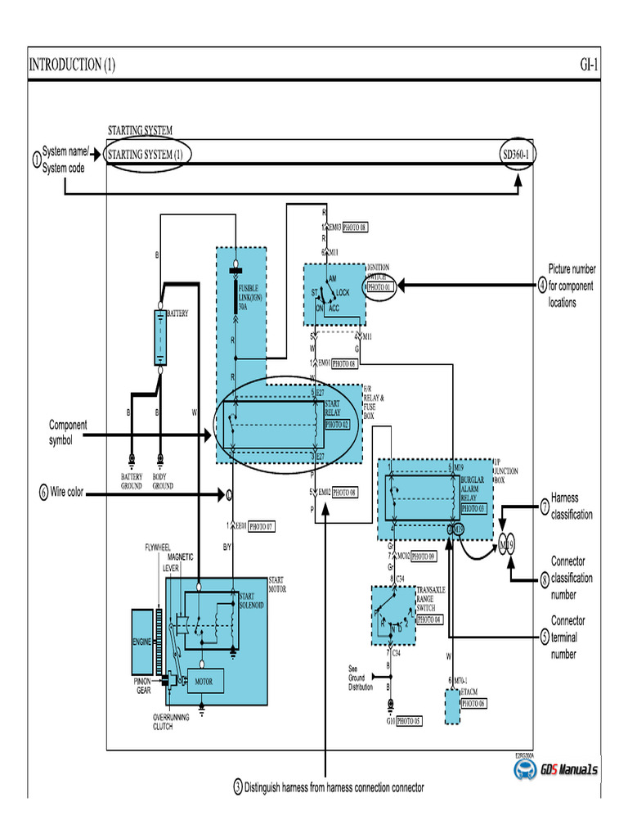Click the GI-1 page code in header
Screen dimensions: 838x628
pos(589,65)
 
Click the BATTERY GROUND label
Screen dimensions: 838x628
pos(132,481)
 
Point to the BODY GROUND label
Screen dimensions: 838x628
pos(163,481)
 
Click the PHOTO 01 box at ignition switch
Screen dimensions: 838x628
pos(380,287)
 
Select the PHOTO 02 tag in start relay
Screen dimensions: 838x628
pos(337,425)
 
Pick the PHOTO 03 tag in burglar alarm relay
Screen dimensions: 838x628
pos(473,508)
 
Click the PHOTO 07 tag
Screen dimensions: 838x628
pos(261,526)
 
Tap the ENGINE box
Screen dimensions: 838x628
pos(142,642)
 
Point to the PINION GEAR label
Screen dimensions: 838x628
pos(142,684)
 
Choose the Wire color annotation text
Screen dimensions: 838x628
pos(69,493)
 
